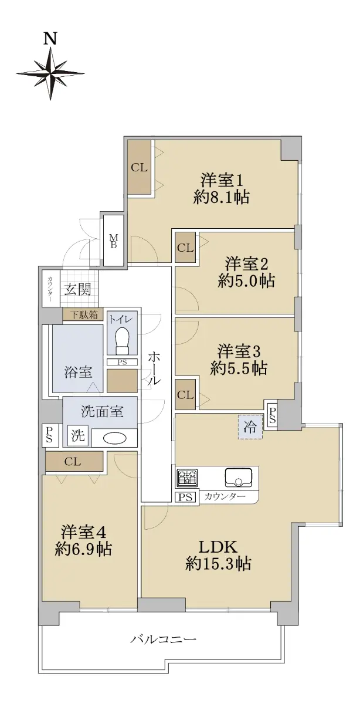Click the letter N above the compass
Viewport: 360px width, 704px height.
(50, 39)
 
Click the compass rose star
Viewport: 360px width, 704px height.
(50, 73)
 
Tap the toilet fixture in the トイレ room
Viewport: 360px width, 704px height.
(122, 341)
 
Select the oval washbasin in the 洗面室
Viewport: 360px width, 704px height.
(115, 438)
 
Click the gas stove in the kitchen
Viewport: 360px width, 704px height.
(187, 478)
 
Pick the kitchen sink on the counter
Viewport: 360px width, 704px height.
(239, 478)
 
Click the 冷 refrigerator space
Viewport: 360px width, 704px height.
(250, 427)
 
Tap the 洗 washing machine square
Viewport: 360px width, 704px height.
(78, 435)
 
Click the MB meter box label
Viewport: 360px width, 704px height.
(113, 241)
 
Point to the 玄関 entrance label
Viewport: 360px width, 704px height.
(77, 289)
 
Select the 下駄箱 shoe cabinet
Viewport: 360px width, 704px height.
(84, 314)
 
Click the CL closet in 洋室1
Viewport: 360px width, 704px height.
(139, 168)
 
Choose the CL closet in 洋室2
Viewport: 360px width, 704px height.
(185, 248)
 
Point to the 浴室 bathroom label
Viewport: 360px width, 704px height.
(78, 372)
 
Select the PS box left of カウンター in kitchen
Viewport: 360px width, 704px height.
(185, 497)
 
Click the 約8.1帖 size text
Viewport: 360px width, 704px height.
(222, 198)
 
